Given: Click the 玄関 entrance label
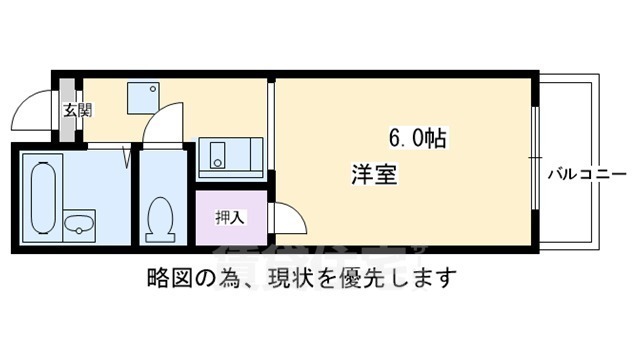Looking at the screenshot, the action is (x=77, y=110).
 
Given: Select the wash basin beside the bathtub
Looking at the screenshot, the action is (x=79, y=223).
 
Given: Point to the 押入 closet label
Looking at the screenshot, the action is (x=229, y=216).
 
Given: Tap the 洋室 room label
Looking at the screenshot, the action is (x=374, y=175).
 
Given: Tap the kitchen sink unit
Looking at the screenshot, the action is (x=230, y=156).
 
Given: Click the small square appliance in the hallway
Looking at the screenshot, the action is (x=140, y=97).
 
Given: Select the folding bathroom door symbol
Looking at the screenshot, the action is (x=127, y=155).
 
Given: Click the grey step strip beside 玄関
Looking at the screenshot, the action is (x=59, y=109).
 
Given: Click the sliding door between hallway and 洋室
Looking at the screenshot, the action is (x=270, y=125).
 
